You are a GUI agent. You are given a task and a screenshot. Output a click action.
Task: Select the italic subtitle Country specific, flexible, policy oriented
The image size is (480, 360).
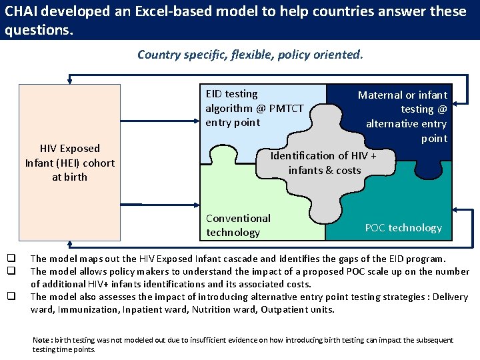(250, 54)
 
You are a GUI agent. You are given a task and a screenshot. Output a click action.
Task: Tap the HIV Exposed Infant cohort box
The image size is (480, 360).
(70, 163)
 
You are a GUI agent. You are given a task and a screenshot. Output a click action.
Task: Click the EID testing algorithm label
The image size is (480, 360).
(254, 108)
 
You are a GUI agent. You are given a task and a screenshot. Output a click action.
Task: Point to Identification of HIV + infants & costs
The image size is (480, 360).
(324, 163)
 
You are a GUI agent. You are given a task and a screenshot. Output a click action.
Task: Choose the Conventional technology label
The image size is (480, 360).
(238, 225)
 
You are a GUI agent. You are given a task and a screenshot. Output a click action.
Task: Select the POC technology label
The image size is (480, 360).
(403, 227)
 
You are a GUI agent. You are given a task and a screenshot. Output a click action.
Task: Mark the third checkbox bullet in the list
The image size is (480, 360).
(11, 297)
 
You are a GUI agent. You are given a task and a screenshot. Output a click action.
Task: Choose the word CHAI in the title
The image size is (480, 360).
(21, 12)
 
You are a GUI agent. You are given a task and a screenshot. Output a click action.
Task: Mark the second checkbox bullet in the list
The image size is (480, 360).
(11, 271)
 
